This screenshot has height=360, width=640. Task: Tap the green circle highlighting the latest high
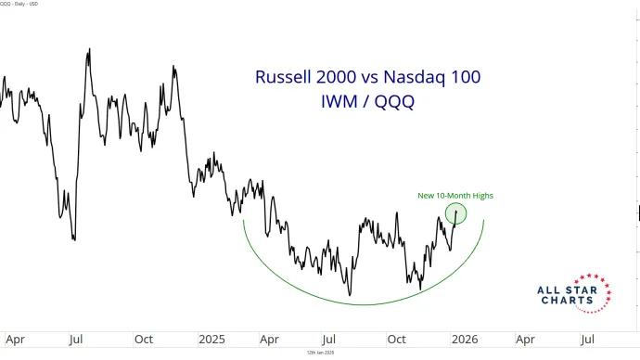point(455,213)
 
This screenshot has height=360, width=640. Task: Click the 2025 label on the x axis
point(212,339)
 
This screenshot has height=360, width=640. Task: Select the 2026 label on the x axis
point(465,339)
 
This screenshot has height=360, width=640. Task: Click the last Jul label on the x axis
point(588,339)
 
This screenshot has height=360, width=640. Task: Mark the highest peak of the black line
point(88,49)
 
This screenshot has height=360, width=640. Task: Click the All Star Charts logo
point(574,293)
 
